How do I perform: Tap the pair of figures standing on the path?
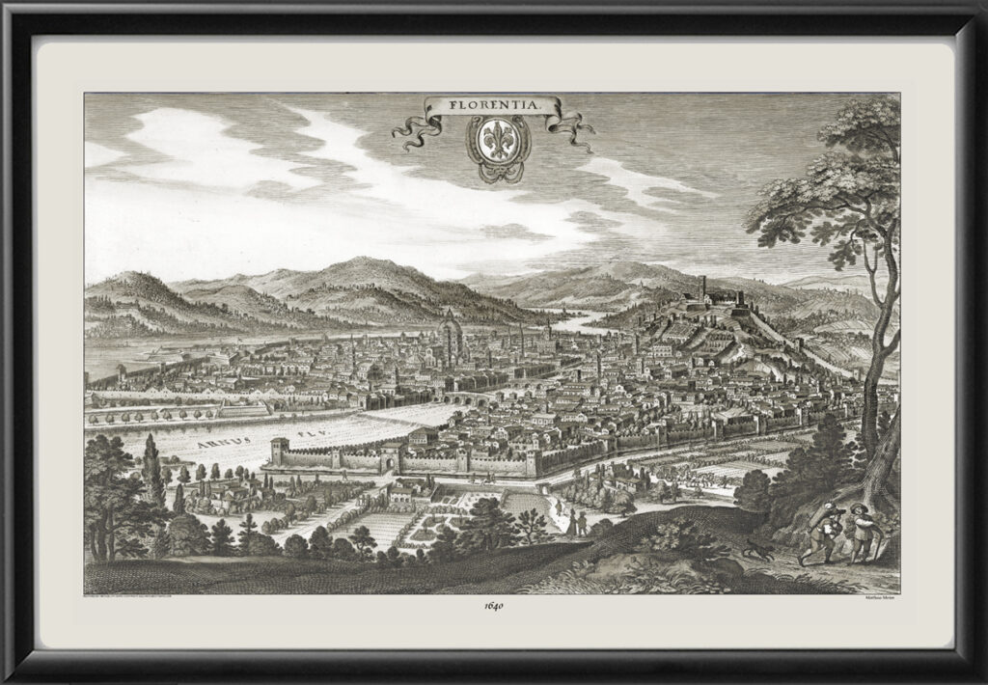(576, 522)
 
